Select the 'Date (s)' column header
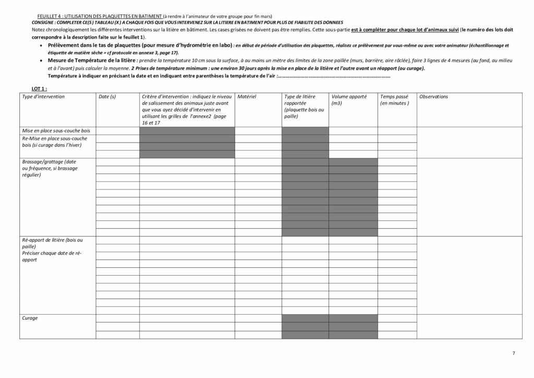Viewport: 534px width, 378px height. click(107, 97)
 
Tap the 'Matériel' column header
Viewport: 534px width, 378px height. click(246, 97)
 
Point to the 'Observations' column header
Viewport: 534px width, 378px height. click(433, 97)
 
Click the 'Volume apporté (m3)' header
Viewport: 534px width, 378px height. click(348, 100)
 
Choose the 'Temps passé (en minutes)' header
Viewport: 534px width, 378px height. click(394, 100)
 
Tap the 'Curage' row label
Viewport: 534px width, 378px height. click(30, 318)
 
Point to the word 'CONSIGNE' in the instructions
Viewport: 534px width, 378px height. click(42, 23)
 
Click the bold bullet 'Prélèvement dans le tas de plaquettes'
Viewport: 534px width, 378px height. click(139, 46)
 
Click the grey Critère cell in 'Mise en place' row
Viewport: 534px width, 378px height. click(187, 131)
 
